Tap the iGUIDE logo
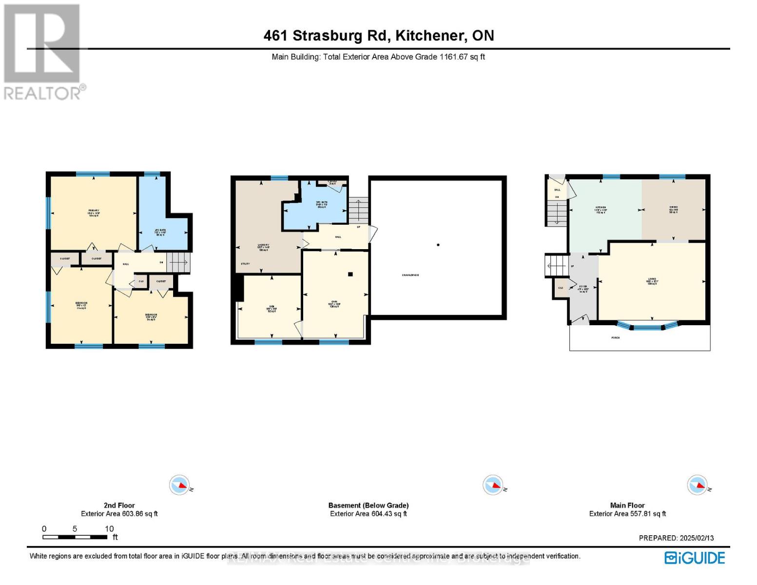pyautogui.click(x=695, y=558)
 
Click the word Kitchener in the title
pyautogui.click(x=429, y=36)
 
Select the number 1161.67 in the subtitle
pyautogui.click(x=454, y=57)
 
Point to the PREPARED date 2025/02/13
pyautogui.click(x=695, y=538)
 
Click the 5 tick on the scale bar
pyautogui.click(x=75, y=529)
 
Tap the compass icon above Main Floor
pyautogui.click(x=697, y=485)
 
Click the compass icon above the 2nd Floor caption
pyautogui.click(x=179, y=485)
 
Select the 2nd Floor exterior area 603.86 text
pyautogui.click(x=119, y=513)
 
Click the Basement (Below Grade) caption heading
pyautogui.click(x=369, y=505)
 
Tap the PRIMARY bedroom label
pyautogui.click(x=94, y=211)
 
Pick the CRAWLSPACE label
pyautogui.click(x=410, y=275)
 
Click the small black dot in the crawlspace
pyautogui.click(x=438, y=245)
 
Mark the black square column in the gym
pyautogui.click(x=350, y=274)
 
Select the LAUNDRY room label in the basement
pyautogui.click(x=263, y=245)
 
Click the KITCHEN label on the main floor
pyautogui.click(x=601, y=208)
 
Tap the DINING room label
pyautogui.click(x=673, y=207)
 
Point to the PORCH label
pyautogui.click(x=616, y=337)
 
